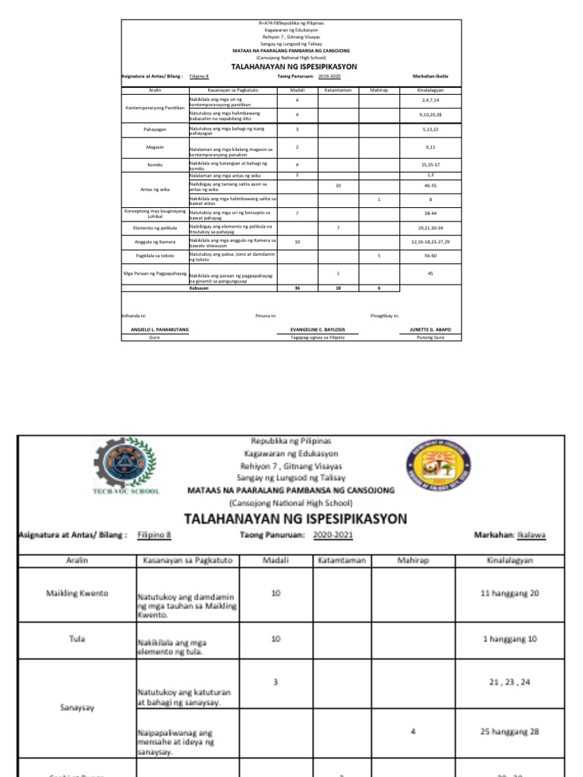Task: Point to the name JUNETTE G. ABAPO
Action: point(430,329)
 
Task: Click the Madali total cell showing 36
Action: point(298,288)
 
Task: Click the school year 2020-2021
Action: point(332,535)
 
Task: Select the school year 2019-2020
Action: point(329,77)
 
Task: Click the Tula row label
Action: point(75,639)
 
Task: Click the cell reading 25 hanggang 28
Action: point(509,731)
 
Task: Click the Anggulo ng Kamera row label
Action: point(154,241)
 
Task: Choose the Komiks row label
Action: point(155,164)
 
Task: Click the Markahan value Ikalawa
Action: point(531,535)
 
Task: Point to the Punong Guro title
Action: point(430,337)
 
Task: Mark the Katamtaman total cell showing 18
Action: point(338,288)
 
